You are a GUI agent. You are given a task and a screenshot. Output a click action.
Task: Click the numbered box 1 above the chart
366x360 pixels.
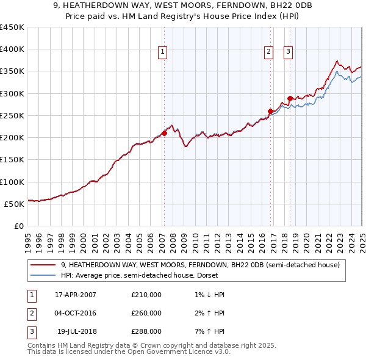(x=163, y=53)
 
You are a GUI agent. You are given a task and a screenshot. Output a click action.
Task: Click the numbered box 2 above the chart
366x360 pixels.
(x=268, y=53)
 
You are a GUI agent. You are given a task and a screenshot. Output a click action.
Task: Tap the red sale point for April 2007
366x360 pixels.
(x=164, y=133)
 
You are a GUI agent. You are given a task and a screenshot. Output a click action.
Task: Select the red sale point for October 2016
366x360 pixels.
(x=270, y=111)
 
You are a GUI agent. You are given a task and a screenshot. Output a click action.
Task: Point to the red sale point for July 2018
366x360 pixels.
(x=290, y=98)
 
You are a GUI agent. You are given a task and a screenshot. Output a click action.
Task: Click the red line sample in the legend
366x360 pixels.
(x=43, y=265)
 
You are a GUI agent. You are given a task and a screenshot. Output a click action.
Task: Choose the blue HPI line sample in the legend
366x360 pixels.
(x=43, y=275)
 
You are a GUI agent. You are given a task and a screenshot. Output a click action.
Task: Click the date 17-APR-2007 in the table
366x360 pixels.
(x=76, y=295)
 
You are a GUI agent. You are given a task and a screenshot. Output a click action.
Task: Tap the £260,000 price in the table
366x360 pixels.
(x=146, y=313)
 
